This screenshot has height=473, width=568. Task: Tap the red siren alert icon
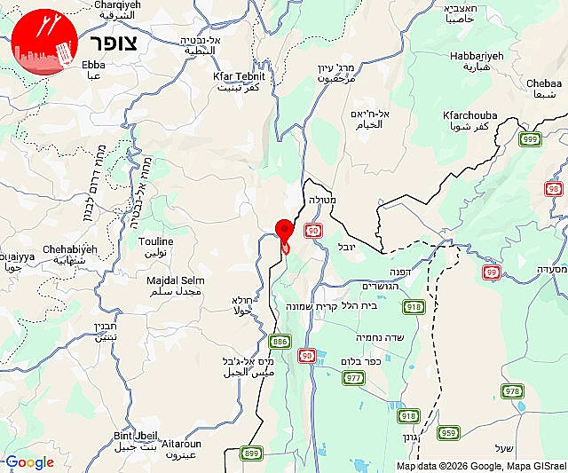point(45,43)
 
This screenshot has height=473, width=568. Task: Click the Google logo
point(28,462)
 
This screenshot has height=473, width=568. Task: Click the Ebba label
point(92,65)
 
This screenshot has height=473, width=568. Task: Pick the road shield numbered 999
point(530,139)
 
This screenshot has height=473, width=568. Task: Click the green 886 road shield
point(280,341)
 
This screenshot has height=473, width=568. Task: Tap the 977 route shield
point(352,378)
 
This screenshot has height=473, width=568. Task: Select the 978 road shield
point(512,391)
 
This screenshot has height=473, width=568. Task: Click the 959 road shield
point(449,433)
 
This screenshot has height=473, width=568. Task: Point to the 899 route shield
point(252,453)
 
